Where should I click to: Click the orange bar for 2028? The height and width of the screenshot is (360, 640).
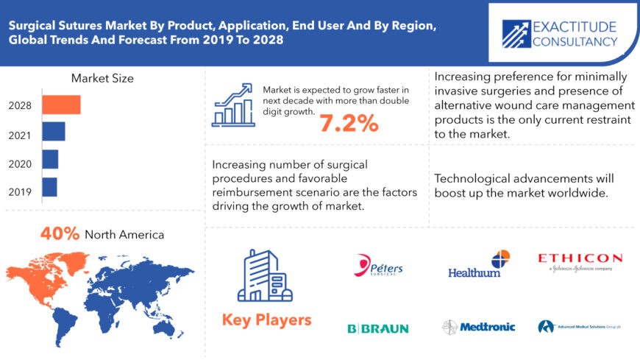[61, 105]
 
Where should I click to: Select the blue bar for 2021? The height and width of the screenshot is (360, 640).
[54, 132]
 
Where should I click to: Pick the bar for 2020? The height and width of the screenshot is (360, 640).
[50, 159]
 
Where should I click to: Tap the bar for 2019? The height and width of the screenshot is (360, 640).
[49, 187]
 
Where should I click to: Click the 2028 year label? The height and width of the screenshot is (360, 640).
[20, 105]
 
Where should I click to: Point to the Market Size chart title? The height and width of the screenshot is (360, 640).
[102, 78]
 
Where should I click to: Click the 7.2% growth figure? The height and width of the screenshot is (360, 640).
[349, 123]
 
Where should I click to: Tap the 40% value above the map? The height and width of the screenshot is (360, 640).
[60, 234]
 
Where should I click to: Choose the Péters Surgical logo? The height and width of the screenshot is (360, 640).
[379, 266]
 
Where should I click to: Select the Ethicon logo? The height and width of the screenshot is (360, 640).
[580, 262]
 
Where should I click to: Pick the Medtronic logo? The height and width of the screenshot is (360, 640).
[479, 327]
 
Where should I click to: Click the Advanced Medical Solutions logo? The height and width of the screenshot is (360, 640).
[579, 326]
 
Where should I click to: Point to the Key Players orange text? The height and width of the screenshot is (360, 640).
[266, 320]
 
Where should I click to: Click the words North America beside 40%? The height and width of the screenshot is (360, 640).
[124, 235]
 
